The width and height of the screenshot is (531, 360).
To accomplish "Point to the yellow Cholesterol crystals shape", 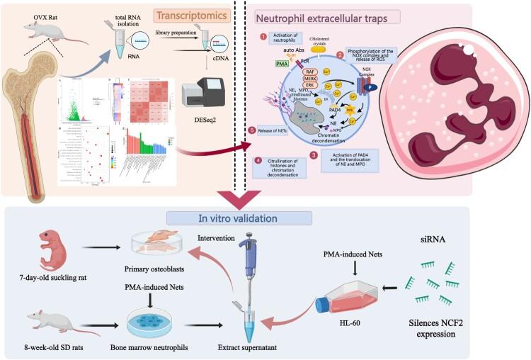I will tap(332, 50).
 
